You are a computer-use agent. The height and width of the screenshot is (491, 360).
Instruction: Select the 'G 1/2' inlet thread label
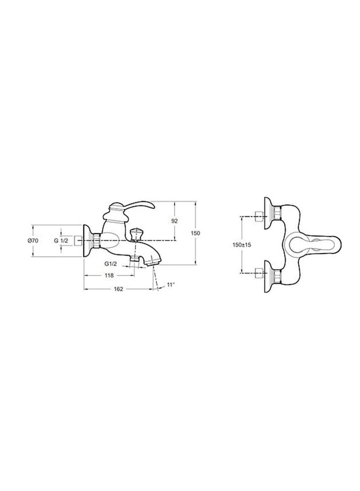tap(61, 241)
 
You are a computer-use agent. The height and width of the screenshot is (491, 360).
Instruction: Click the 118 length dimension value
tap(108, 276)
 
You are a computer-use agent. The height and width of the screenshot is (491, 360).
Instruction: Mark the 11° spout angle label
tap(171, 284)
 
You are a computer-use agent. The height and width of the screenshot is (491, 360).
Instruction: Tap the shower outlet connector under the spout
tap(134, 259)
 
